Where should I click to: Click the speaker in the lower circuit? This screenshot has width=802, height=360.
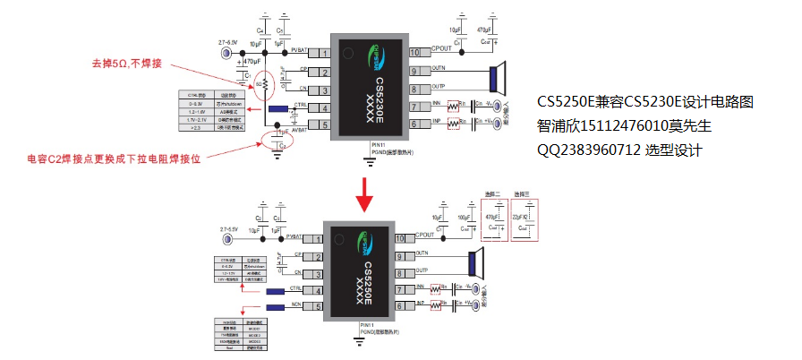click(x=475, y=263)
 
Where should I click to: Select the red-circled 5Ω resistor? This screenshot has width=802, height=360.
click(x=259, y=84)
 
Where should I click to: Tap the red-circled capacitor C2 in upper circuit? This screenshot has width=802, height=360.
click(x=280, y=141)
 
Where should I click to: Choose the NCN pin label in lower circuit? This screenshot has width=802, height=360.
click(x=297, y=304)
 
